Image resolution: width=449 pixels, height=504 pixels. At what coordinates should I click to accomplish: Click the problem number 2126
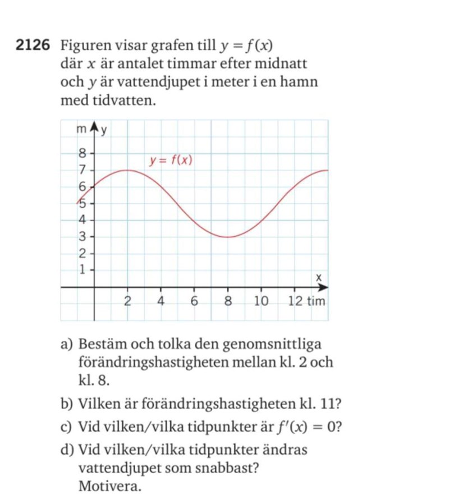click(x=35, y=45)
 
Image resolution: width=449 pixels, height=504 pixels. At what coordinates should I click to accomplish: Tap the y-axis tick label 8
click(x=81, y=152)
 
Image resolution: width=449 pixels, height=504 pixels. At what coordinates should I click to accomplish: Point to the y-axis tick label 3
click(x=81, y=236)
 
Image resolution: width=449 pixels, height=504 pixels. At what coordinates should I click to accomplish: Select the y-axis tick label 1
click(x=81, y=270)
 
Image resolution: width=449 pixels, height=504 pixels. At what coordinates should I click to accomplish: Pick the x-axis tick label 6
click(x=195, y=301)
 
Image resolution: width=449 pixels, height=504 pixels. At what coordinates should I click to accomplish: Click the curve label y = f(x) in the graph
click(x=171, y=161)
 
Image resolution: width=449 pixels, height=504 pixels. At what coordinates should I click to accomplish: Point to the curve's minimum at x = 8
click(x=228, y=237)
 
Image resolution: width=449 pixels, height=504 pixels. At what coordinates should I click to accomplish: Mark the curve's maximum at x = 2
click(x=127, y=170)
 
